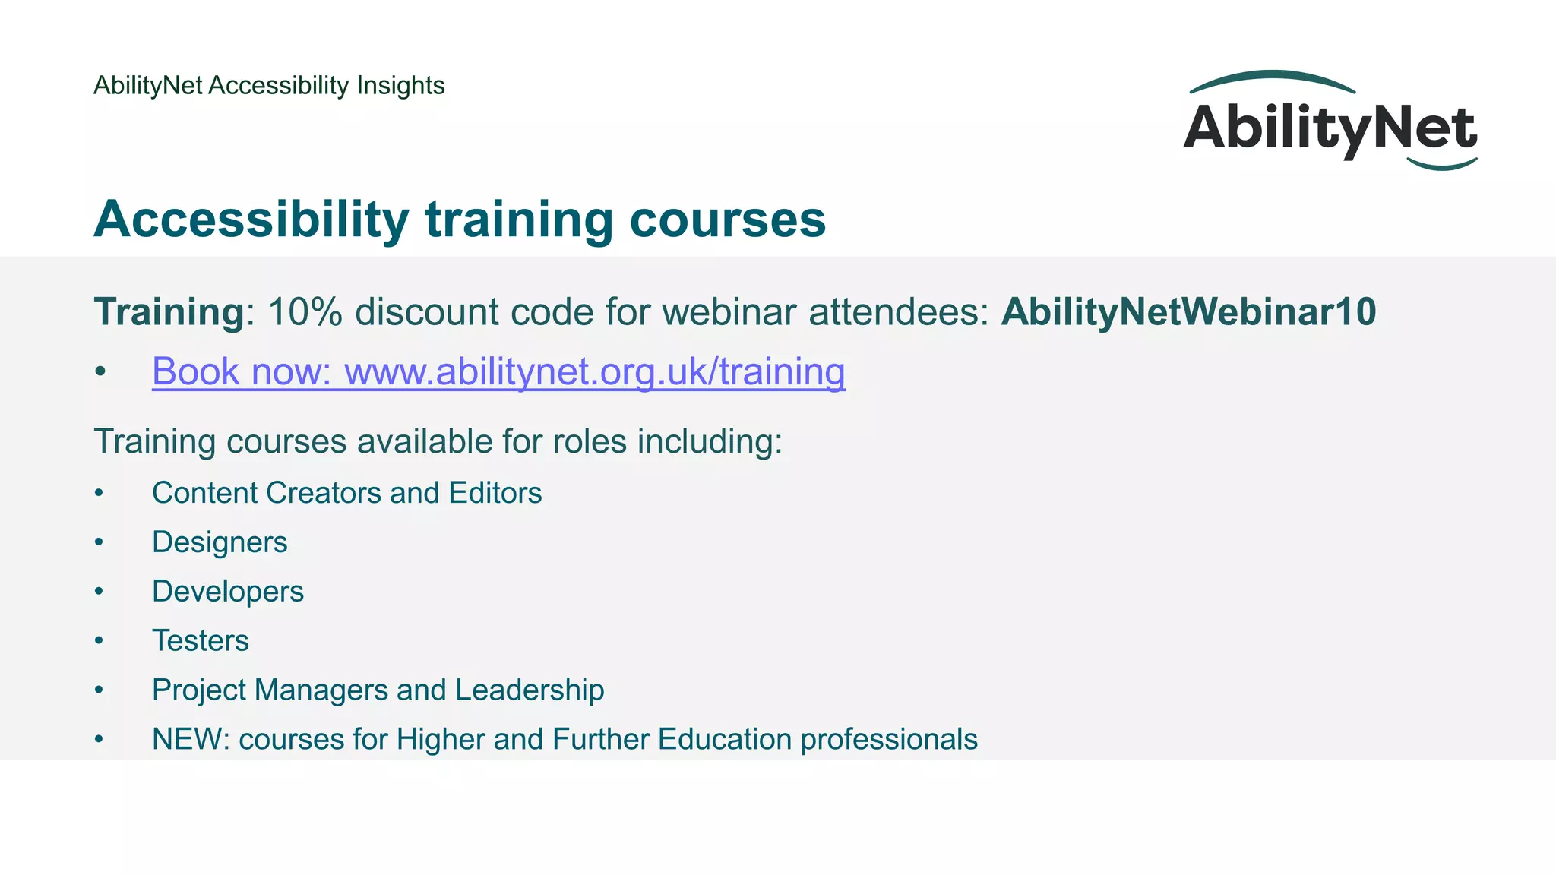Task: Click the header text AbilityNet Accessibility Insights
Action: pos(269,85)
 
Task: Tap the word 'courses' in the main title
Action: pos(727,220)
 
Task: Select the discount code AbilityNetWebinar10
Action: pos(1188,312)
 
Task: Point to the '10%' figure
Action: pos(305,312)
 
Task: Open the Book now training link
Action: pos(498,371)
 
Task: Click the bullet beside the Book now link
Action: pos(100,372)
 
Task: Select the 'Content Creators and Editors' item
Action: pos(346,493)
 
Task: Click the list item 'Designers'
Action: pos(220,542)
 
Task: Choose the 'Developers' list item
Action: pos(228,592)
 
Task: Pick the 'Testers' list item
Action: pos(201,641)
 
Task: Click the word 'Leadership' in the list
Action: pos(530,690)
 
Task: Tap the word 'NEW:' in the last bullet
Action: pos(191,740)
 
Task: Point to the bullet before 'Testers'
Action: pos(99,641)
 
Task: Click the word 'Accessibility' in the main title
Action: pos(251,220)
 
